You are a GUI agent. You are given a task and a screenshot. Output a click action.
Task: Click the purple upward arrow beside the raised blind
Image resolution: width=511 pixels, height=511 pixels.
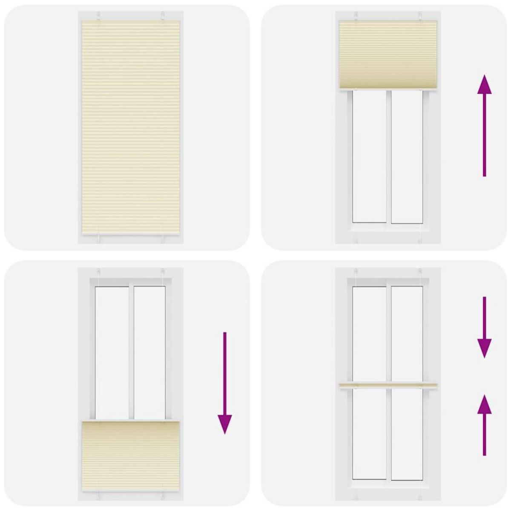click(484, 126)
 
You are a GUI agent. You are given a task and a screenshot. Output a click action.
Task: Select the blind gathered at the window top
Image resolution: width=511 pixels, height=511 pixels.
click(389, 55)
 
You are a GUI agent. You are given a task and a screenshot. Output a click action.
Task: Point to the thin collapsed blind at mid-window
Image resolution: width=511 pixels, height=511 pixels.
click(389, 386)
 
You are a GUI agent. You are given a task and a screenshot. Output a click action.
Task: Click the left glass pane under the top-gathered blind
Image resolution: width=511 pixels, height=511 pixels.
click(370, 157)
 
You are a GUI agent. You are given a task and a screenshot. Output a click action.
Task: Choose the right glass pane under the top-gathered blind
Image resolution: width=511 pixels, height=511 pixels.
click(407, 157)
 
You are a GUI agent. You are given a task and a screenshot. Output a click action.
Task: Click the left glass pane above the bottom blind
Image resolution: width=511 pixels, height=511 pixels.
click(112, 353)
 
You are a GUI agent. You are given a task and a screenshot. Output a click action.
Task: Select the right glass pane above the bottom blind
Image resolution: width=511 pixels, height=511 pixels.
click(149, 353)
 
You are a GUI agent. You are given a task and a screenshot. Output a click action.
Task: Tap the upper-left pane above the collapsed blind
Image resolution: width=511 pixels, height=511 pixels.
click(370, 334)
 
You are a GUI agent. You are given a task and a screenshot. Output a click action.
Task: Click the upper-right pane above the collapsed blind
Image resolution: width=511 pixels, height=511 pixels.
click(407, 334)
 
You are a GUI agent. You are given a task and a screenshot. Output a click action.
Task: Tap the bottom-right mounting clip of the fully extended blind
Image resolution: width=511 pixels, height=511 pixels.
click(163, 239)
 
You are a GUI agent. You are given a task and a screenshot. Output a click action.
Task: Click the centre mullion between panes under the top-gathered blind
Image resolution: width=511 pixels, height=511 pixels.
click(389, 157)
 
